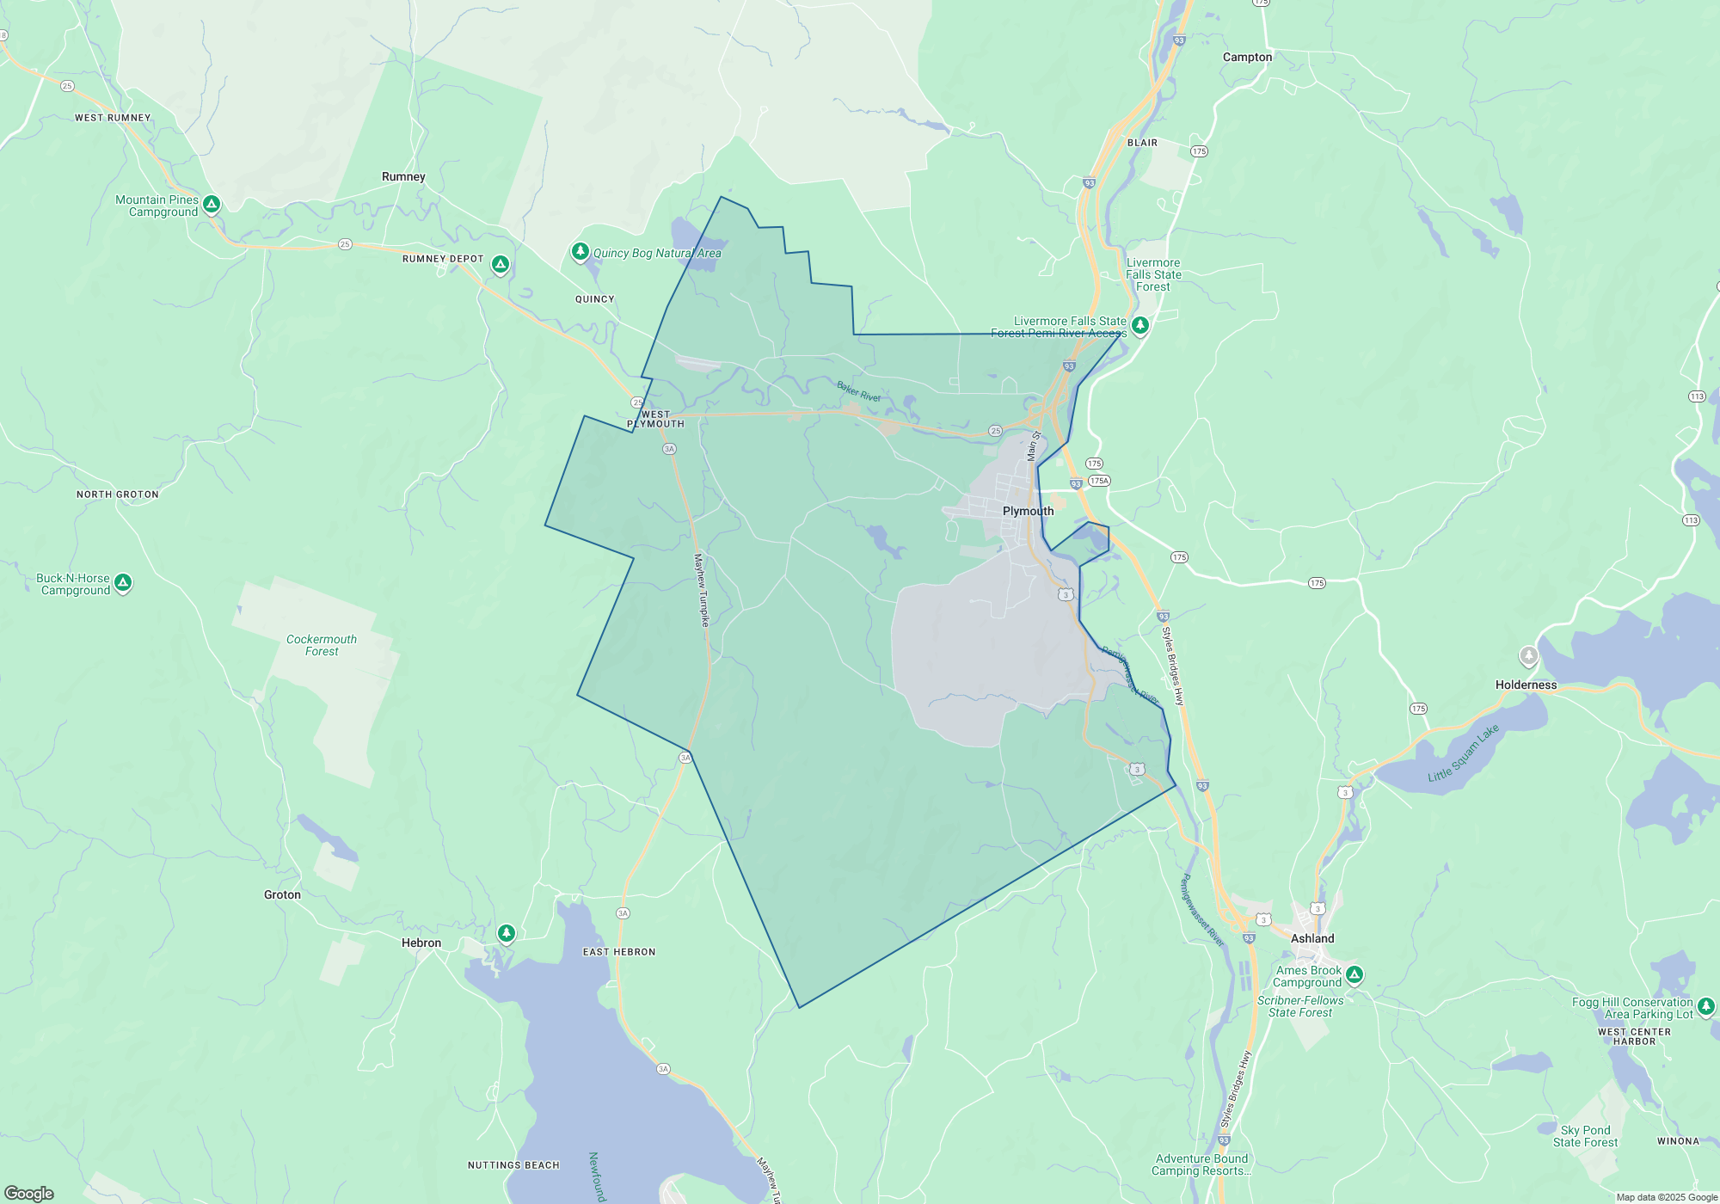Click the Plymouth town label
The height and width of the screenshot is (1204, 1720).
[1028, 511]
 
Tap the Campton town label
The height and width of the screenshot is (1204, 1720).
[1247, 57]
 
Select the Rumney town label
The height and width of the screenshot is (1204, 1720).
[403, 176]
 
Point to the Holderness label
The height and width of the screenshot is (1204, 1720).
[1526, 685]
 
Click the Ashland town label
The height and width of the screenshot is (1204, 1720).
[1312, 938]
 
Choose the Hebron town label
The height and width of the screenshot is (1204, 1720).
[421, 943]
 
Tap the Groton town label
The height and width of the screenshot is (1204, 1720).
[282, 894]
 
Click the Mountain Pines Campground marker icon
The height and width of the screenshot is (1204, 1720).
[212, 205]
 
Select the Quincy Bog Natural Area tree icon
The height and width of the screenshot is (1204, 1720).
[580, 251]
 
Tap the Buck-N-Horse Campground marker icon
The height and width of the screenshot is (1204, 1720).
[123, 583]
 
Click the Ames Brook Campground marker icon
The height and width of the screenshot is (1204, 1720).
[1354, 974]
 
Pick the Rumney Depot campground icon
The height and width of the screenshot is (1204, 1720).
[500, 264]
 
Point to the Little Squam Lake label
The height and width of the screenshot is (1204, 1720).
[1463, 753]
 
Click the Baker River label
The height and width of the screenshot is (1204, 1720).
[858, 391]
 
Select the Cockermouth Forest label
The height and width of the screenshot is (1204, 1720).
[322, 645]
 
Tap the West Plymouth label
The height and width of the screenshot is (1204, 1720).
[655, 419]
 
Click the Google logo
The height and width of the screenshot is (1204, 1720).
[29, 1193]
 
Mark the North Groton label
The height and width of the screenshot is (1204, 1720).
[118, 494]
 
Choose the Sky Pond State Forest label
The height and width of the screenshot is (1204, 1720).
[1585, 1136]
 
